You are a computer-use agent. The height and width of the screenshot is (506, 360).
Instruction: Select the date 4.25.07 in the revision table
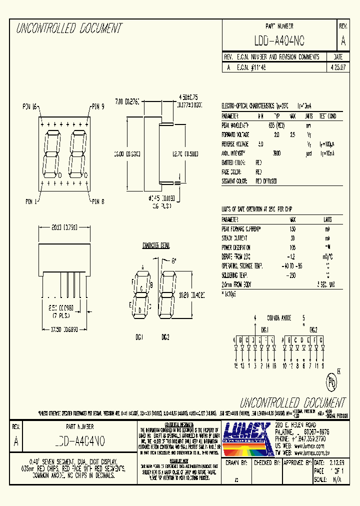(x=337, y=66)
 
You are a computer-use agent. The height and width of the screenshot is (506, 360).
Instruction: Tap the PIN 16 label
(x=30, y=106)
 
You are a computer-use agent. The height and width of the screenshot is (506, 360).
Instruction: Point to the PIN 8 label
(x=97, y=201)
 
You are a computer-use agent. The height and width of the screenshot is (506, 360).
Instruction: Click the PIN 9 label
(x=97, y=106)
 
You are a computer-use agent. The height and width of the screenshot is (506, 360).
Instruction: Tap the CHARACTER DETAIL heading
(x=156, y=246)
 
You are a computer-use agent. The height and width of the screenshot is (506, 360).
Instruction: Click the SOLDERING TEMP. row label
(x=235, y=275)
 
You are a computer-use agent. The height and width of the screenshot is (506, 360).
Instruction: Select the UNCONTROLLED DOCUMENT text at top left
(x=69, y=29)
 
